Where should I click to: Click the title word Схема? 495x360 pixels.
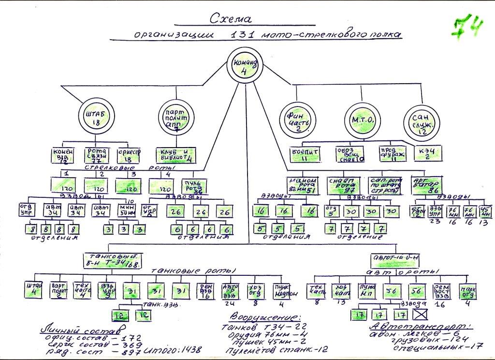pyautogui.click(x=231, y=19)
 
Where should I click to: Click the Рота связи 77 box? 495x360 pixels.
pyautogui.click(x=99, y=155)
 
